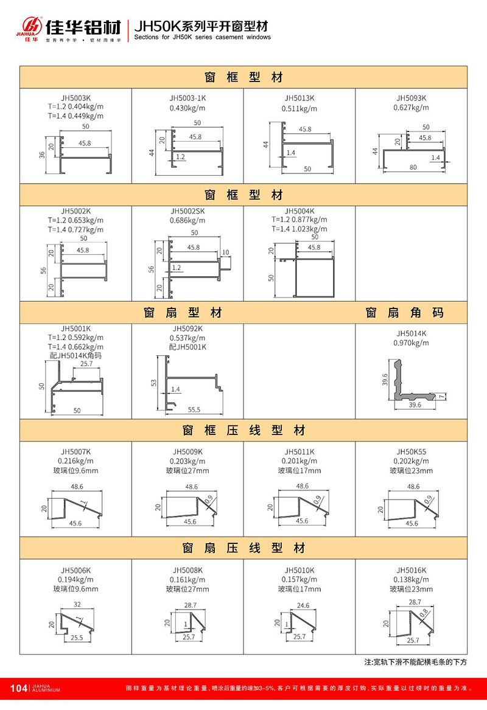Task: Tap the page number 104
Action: (x=19, y=688)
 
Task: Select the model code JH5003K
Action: (x=75, y=97)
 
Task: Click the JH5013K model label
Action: (x=299, y=97)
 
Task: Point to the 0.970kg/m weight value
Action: (x=411, y=343)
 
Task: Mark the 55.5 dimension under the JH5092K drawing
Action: (x=194, y=410)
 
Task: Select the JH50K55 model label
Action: (x=411, y=451)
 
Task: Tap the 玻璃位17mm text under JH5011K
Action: (x=299, y=470)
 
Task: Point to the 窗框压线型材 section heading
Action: (x=243, y=431)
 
